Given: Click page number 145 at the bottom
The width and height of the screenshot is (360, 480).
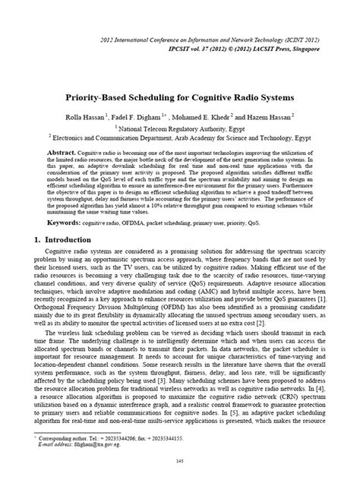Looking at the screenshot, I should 181,461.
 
